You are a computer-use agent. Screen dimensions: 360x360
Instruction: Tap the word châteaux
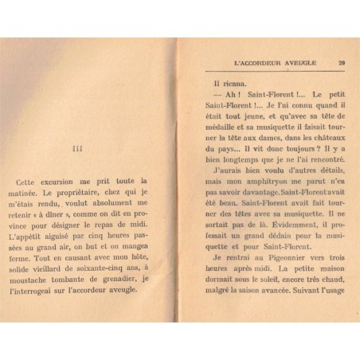pos(329,137)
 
